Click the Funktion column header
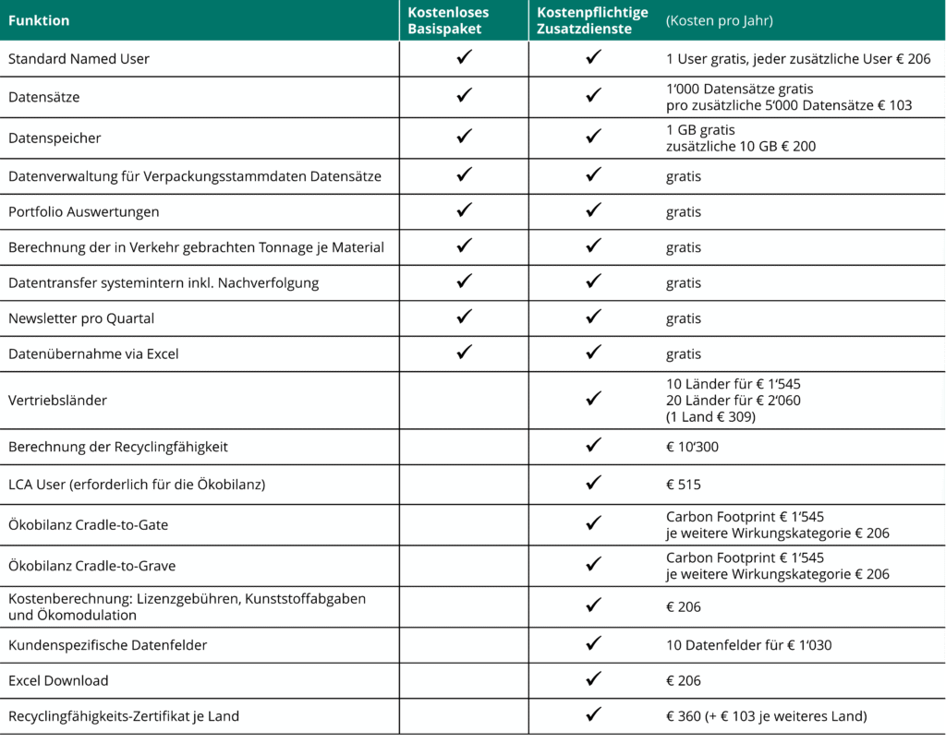(x=39, y=20)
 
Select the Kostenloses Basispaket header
(x=448, y=20)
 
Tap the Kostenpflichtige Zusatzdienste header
(x=592, y=20)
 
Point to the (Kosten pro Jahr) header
(x=719, y=20)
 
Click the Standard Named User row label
(x=79, y=59)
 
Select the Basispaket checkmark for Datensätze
(x=464, y=95)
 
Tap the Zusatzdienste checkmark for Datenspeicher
(x=594, y=137)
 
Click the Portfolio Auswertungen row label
(x=83, y=211)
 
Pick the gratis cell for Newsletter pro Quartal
(x=683, y=318)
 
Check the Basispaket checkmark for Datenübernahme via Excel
(x=464, y=353)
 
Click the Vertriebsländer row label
(x=57, y=401)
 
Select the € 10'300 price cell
(x=692, y=447)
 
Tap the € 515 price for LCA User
(x=683, y=484)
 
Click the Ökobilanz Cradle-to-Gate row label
(x=88, y=525)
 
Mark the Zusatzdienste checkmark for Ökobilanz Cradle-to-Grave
(x=594, y=565)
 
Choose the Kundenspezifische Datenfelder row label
(x=107, y=645)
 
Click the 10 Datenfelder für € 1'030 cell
(x=748, y=645)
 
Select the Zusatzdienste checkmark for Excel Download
(x=594, y=679)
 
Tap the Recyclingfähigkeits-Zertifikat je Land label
(x=129, y=715)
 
